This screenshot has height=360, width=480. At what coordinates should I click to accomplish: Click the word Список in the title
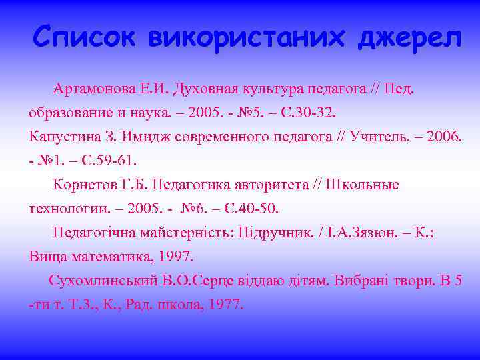tap(83, 37)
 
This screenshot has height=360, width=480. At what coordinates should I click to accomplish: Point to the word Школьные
tap(363, 185)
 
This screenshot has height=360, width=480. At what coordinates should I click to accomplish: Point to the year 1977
tap(225, 305)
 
